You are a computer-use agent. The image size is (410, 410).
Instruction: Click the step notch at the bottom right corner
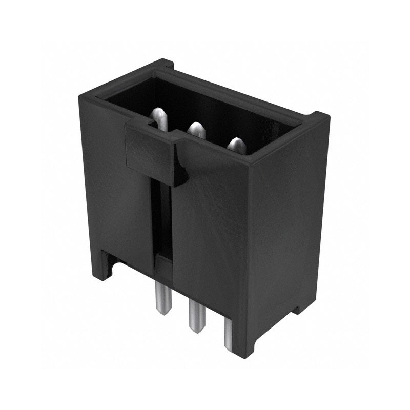(299, 307)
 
